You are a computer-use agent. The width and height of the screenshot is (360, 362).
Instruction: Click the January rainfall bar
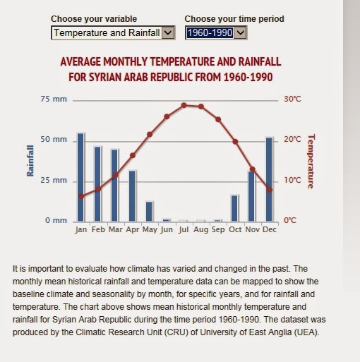[80, 177]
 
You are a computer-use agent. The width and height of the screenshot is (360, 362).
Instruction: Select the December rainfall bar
[269, 179]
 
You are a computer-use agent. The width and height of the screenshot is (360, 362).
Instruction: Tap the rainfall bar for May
[149, 212]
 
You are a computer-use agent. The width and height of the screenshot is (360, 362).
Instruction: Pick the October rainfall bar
[234, 208]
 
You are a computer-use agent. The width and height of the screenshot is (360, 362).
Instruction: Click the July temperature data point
[184, 105]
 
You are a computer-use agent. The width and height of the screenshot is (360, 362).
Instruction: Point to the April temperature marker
[133, 155]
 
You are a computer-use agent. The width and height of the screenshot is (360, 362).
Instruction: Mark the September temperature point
[218, 119]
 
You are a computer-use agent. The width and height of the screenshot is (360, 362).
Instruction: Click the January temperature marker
[81, 196]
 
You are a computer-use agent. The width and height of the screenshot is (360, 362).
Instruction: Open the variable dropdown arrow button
[168, 32]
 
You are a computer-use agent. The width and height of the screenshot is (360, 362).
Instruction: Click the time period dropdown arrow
[241, 32]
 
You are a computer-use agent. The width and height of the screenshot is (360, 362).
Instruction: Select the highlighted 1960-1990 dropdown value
[210, 32]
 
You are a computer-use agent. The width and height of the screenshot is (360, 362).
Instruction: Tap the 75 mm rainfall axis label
[54, 99]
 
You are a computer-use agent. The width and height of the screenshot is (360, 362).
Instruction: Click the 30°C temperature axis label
[292, 99]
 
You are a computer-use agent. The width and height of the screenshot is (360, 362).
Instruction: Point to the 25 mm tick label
[54, 180]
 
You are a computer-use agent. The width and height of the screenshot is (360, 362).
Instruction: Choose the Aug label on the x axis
[201, 229]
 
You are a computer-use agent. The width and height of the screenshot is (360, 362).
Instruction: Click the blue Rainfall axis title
[30, 161]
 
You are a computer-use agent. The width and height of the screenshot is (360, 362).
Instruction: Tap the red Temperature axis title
[311, 162]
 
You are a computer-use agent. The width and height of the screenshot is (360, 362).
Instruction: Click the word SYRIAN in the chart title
[105, 77]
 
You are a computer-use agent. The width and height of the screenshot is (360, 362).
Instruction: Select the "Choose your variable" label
[94, 19]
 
